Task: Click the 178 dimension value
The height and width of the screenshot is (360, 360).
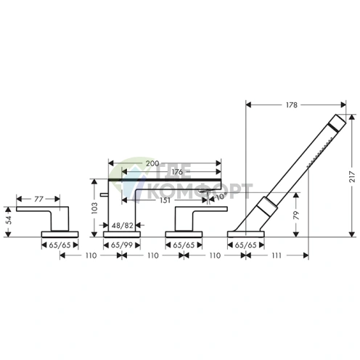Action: (292, 105)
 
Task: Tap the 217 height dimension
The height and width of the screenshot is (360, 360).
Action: (352, 176)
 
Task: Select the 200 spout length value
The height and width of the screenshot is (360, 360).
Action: (152, 163)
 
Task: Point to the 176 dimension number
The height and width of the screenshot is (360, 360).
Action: (177, 172)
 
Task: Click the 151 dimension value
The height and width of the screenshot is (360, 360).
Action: (165, 200)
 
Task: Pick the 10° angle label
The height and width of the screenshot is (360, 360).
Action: (221, 197)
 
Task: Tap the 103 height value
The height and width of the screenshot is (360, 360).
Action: (94, 208)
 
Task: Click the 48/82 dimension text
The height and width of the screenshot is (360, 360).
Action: (123, 226)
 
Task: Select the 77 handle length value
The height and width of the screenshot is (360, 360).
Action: (38, 199)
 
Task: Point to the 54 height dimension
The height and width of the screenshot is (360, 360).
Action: (9, 220)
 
